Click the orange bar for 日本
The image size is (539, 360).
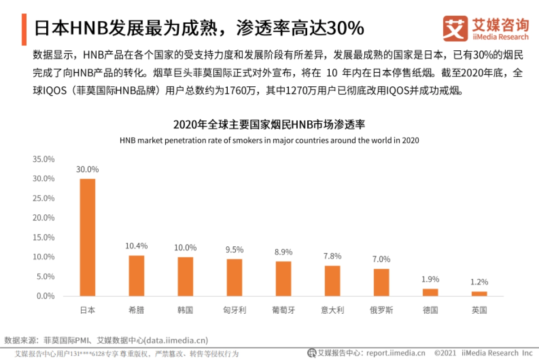tap(88, 237)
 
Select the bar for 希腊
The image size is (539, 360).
tap(137, 276)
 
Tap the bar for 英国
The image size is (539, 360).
tap(479, 293)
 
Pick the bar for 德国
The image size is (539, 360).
tap(430, 292)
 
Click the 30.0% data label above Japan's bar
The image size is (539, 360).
tap(88, 169)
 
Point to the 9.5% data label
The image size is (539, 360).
tap(234, 249)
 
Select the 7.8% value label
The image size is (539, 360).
tap(332, 256)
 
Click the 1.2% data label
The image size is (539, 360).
tap(479, 282)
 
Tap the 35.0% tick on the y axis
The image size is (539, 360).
tap(44, 159)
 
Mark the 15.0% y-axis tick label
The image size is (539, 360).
tap(44, 237)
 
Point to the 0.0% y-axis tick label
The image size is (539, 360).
tap(45, 296)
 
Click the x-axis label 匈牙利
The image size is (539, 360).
tap(234, 310)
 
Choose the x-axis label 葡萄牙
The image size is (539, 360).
tap(283, 310)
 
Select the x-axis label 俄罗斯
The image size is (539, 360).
tap(381, 310)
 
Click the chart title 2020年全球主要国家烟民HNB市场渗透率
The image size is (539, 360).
tap(269, 124)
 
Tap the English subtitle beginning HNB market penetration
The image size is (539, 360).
tap(269, 140)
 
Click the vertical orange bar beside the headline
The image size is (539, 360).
tap(23, 29)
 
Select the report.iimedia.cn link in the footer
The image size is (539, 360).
tap(396, 353)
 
